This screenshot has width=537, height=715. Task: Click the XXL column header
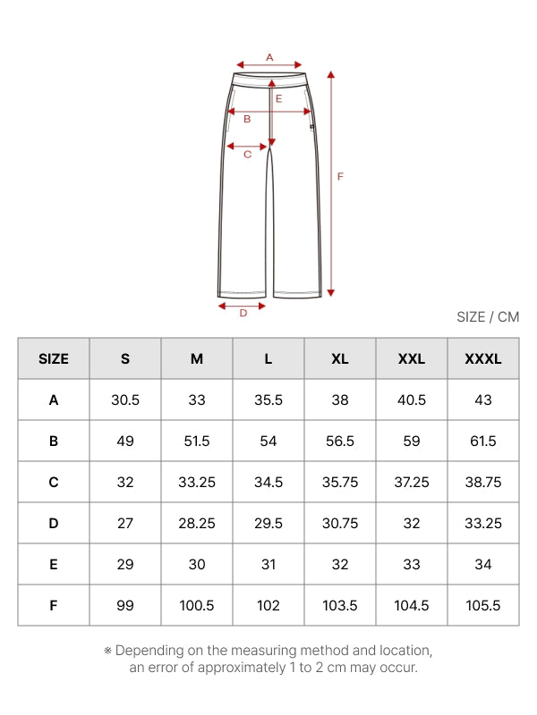pyautogui.click(x=412, y=359)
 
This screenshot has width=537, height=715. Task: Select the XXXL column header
pyautogui.click(x=483, y=359)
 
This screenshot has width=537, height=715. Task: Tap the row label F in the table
pyautogui.click(x=54, y=606)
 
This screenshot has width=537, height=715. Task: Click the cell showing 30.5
pyautogui.click(x=125, y=400)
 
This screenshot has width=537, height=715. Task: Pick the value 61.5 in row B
pyautogui.click(x=483, y=441)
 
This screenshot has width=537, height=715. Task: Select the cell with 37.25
pyautogui.click(x=412, y=482)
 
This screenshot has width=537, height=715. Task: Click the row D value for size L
pyautogui.click(x=268, y=523)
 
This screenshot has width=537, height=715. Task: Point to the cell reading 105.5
pyautogui.click(x=483, y=606)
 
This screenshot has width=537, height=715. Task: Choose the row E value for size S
pyautogui.click(x=125, y=565)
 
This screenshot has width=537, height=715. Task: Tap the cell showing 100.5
pyautogui.click(x=197, y=606)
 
